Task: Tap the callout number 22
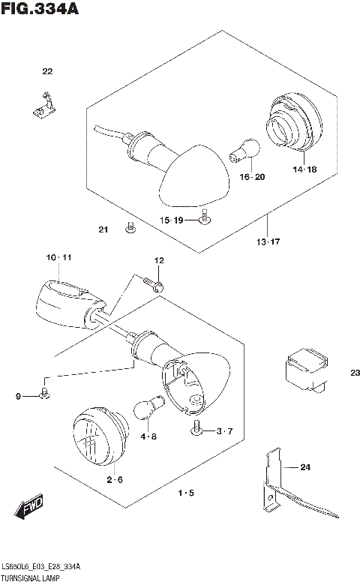[x=47, y=72]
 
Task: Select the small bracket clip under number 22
[x=45, y=105]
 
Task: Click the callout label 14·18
[x=304, y=169]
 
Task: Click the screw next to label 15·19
[x=203, y=219]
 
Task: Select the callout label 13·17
[x=267, y=242]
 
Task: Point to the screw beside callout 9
[x=45, y=393]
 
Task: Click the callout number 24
[x=304, y=468]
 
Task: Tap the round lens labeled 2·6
[x=96, y=435]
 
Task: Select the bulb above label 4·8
[x=145, y=408]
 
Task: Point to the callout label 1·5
[x=186, y=493]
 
